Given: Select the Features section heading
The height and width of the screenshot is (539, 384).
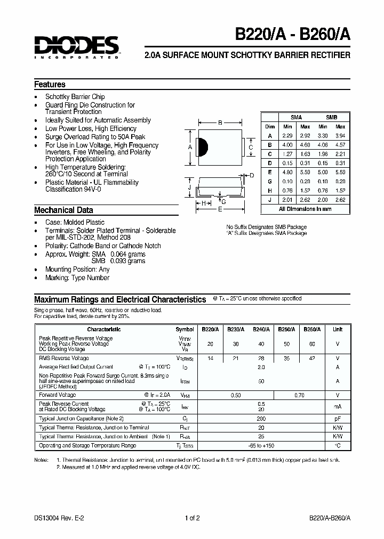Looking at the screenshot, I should click(50, 84).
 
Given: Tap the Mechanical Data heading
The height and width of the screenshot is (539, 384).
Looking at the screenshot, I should click(63, 210).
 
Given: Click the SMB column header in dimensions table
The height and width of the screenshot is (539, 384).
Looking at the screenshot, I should click(331, 117).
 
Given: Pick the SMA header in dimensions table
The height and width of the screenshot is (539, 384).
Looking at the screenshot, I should click(296, 117).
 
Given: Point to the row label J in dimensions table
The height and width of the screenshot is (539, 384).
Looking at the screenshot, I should click(270, 200).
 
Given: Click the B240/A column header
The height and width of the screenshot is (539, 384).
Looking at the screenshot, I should click(261, 329).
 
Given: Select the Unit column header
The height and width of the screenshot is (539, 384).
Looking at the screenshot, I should click(337, 329).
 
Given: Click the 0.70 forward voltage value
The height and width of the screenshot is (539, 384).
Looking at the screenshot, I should click(299, 396).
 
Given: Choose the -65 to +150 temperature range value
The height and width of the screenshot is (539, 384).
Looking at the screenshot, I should click(261, 445).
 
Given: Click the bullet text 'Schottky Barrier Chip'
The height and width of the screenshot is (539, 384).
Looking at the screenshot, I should click(75, 97).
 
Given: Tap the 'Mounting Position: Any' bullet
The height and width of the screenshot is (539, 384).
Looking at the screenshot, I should click(77, 269).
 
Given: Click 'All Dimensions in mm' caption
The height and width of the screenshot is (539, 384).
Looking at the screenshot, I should click(305, 209).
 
